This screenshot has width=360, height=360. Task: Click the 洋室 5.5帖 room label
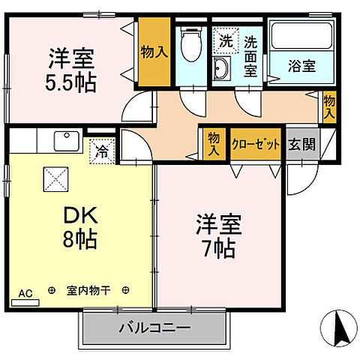coord(72,69)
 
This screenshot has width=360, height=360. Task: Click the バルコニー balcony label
coord(154,328)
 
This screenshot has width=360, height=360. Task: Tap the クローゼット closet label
coord(256,142)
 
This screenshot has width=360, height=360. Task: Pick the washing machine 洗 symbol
coord(224,40)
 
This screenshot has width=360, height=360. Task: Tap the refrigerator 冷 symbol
coord(101,149)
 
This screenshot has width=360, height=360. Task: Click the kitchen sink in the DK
coord(68,142)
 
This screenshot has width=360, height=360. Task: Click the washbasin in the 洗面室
coord(222,70)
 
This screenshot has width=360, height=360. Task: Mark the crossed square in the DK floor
coord(55,179)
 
